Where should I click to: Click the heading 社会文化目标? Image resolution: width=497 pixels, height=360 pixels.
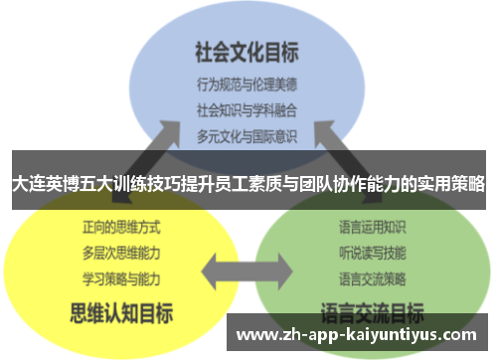click(247, 51)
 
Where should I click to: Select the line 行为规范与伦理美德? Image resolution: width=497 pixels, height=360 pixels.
click(247, 84)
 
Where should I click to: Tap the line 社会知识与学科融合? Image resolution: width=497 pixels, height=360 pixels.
click(247, 108)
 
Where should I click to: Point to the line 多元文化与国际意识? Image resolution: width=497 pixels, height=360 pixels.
click(247, 133)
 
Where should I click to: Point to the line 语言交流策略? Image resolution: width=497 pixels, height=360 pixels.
click(372, 275)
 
